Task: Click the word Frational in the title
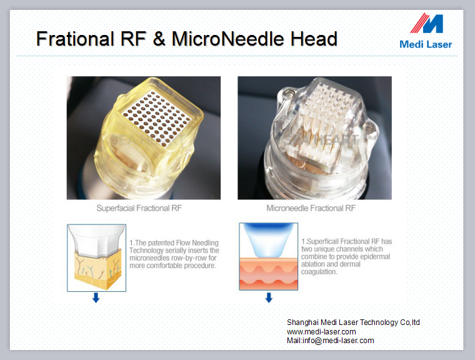[75, 39]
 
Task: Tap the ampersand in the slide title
[159, 39]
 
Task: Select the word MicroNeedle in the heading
[227, 39]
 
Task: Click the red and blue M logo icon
[426, 23]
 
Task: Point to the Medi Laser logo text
[426, 44]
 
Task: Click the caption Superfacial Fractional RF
[139, 208]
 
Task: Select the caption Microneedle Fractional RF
[311, 208]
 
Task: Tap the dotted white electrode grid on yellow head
[157, 119]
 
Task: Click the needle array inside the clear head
[329, 121]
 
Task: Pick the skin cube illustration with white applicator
[97, 258]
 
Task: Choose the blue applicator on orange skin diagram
[268, 256]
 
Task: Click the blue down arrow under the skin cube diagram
[96, 297]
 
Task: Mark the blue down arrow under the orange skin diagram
[269, 297]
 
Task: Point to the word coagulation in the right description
[319, 272]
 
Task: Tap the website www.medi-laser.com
[321, 331]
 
